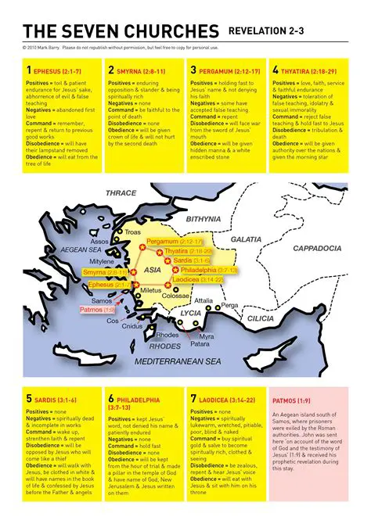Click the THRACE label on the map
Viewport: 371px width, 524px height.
[121, 192]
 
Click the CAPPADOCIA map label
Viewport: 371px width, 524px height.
[317, 248]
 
